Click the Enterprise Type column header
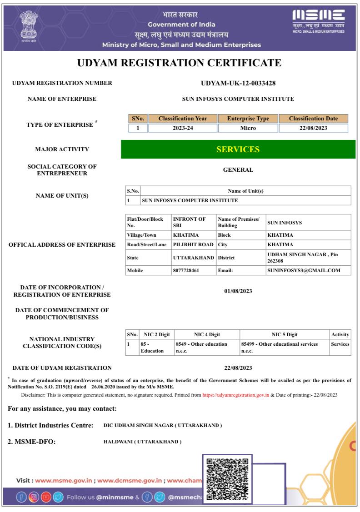click(x=248, y=119)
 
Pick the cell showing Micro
click(x=248, y=128)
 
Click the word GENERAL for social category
click(x=238, y=170)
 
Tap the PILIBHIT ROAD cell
click(x=193, y=244)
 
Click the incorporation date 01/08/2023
click(x=238, y=291)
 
